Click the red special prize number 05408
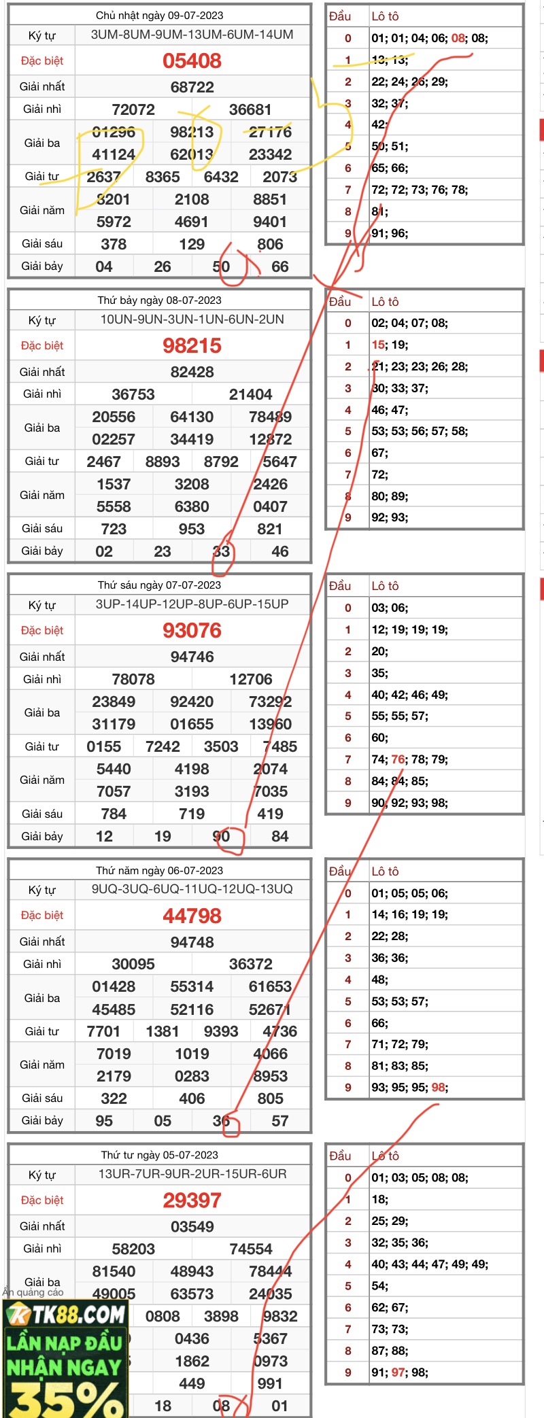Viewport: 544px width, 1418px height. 192,61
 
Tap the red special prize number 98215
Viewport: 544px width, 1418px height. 192,346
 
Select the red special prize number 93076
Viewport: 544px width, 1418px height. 192,631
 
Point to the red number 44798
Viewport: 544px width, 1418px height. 192,916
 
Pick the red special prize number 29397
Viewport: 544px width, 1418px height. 192,1200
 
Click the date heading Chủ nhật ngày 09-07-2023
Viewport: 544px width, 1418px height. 159,15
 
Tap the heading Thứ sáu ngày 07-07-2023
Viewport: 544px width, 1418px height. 159,585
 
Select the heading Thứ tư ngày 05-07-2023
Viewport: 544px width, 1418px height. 159,1155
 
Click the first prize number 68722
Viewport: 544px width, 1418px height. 192,87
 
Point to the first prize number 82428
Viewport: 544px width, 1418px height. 192,372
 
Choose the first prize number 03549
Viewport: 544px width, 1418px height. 192,1227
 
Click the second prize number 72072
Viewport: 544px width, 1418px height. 133,109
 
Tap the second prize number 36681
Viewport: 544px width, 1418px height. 250,109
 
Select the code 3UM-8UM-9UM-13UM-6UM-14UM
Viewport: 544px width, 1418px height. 192,35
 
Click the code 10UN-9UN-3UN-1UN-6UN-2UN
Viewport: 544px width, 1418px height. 192,319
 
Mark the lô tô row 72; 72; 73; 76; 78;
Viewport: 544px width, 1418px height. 420,190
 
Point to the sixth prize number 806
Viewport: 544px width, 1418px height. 270,244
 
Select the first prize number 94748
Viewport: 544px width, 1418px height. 192,942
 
